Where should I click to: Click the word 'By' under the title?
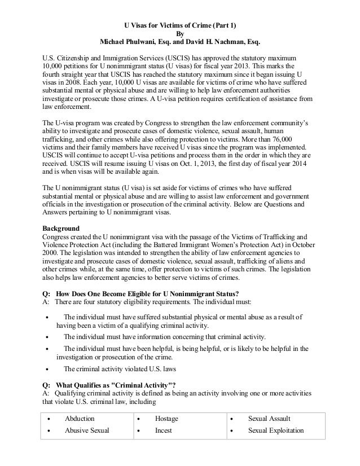coord(180,33)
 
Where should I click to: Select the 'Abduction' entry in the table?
coord(80,419)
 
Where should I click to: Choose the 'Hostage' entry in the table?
coord(167,419)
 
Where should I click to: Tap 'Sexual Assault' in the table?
coord(270,419)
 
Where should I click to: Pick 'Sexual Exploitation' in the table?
coord(276,430)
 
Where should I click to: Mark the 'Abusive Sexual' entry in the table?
coord(86,430)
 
